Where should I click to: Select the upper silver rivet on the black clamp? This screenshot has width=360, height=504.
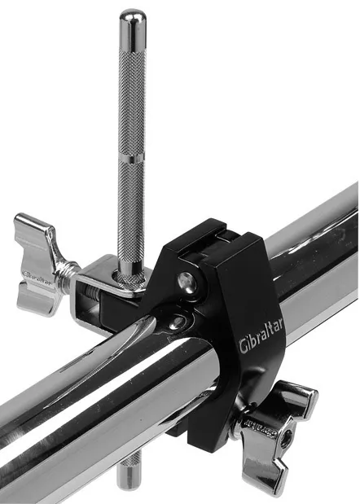click(188, 282)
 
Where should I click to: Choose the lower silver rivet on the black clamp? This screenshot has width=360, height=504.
click(175, 322)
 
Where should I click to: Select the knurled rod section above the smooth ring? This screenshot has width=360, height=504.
click(131, 90)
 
